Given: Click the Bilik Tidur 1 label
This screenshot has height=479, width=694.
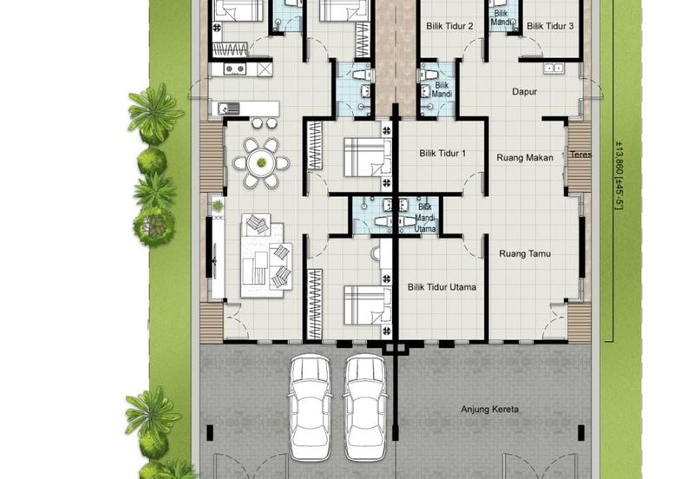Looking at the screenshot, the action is click(442, 154).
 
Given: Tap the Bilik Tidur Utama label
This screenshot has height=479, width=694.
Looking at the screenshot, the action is click(442, 287).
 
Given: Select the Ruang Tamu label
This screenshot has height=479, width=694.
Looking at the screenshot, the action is click(525, 253).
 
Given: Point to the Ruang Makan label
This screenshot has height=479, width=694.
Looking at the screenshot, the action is click(525, 158).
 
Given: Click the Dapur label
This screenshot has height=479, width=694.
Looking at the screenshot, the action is click(525, 92).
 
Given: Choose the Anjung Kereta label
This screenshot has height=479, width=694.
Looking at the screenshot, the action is click(489, 409).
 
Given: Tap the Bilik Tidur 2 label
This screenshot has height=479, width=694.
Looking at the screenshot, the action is click(449, 26).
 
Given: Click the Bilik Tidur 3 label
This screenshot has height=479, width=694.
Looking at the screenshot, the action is click(550, 26).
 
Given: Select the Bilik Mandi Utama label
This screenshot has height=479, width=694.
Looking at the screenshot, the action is click(425, 218).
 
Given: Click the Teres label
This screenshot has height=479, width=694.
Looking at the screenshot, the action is click(580, 154).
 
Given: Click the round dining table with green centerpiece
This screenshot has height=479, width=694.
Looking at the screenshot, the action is click(262, 163).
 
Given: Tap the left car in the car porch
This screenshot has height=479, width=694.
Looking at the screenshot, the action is click(310, 408).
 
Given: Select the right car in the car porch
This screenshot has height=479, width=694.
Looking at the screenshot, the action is click(365, 408).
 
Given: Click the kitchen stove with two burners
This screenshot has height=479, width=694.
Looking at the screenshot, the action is click(234, 69).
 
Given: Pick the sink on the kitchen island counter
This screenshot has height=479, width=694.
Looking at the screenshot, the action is click(228, 108).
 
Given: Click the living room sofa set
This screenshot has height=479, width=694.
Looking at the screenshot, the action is click(266, 256).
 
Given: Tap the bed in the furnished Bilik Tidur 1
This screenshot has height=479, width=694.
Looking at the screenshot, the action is click(367, 157).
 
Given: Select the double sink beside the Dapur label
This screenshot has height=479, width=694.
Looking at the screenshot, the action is click(553, 68).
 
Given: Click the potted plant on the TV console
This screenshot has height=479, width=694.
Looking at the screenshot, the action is click(218, 206).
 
